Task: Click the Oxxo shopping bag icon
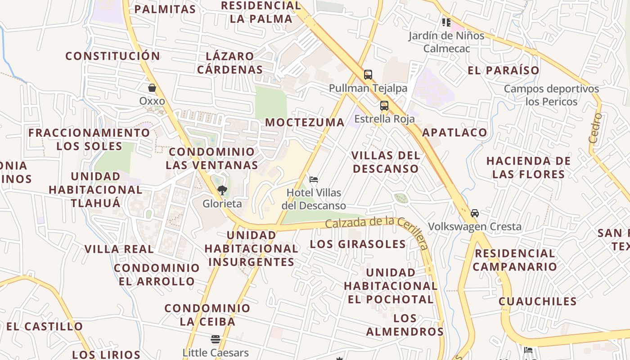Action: coord(152,88)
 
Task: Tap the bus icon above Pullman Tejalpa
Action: coord(368,75)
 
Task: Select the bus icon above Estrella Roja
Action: coord(384,106)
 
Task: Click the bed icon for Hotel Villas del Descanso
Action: coord(314,180)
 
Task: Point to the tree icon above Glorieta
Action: coord(222,190)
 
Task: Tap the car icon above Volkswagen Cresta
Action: coord(475,213)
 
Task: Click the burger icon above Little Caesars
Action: coord(216,339)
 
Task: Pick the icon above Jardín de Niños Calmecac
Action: coord(446,22)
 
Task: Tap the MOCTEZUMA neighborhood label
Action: coord(305,122)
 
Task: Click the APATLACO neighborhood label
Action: coord(454,132)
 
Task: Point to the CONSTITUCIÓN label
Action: coord(112,56)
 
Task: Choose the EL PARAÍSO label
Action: coord(504,70)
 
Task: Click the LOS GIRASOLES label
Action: coord(358,244)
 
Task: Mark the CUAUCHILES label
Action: coord(537,301)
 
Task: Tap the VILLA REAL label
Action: coord(119,249)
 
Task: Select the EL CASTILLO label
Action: coord(45,326)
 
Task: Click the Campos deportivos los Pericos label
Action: coord(551,95)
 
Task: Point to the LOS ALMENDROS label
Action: coord(405,325)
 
